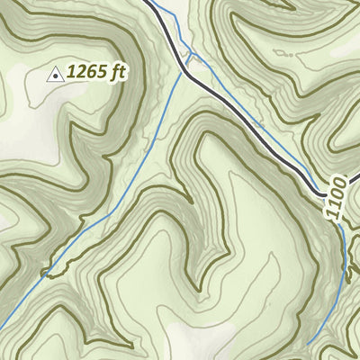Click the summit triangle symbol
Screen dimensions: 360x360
point(55,76)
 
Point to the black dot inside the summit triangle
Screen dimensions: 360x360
point(55,77)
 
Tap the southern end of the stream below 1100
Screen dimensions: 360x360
point(308,344)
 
